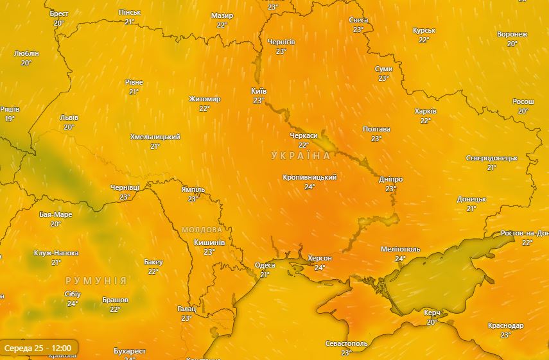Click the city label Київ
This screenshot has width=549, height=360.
[x=259, y=91]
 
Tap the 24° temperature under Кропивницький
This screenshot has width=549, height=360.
[x=309, y=187]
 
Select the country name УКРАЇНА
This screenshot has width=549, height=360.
[x=301, y=156]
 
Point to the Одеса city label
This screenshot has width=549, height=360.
[x=265, y=265]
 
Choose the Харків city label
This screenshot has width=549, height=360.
[x=425, y=111]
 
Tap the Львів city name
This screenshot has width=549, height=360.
[x=69, y=117]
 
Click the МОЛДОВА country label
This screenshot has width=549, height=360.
[x=202, y=229]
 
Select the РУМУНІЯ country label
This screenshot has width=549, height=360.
[x=96, y=281]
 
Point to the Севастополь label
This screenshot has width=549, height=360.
[x=346, y=343]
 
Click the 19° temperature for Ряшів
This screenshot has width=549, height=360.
[x=9, y=119]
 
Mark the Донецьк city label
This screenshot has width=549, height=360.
[x=471, y=199]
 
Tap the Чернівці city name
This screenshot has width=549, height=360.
[x=125, y=187]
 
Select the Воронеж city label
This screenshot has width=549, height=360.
[x=512, y=34]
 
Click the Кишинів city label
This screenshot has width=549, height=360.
[x=209, y=243]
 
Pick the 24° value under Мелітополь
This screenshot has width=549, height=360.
[x=400, y=259]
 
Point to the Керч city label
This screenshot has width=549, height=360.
[x=432, y=313]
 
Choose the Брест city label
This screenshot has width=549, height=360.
[x=59, y=13]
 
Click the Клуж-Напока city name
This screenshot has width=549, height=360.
[x=56, y=253]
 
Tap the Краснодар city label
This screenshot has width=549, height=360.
[x=505, y=325]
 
